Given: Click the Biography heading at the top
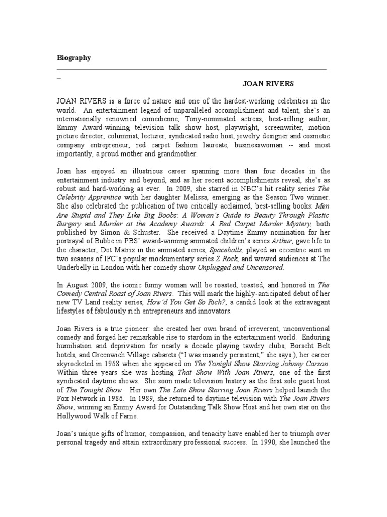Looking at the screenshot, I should tap(74, 58).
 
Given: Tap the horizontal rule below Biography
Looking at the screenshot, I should tap(191, 69).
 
